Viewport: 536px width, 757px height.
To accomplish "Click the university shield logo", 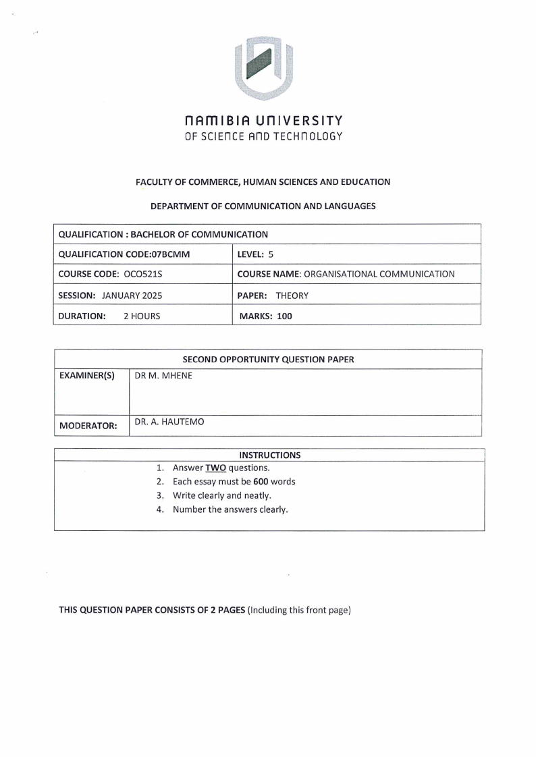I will point(267,68).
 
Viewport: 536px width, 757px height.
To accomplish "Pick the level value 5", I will point(270,254).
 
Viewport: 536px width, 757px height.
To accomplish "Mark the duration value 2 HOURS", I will point(142,315).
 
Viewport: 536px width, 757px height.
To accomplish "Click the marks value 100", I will point(284,315).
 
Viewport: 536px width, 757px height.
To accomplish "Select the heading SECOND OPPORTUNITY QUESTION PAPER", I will point(268,359).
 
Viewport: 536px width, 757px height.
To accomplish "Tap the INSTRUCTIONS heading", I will point(269,455).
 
